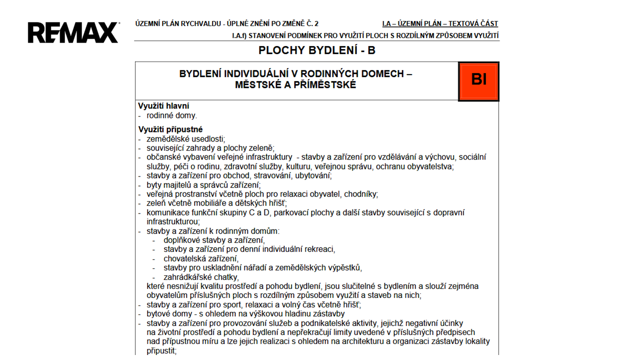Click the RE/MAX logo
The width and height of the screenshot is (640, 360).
tap(73, 32)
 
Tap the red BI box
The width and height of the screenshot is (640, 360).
tap(478, 80)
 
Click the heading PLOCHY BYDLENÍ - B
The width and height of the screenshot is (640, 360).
tap(316, 50)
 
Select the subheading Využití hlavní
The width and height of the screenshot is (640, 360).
tap(163, 106)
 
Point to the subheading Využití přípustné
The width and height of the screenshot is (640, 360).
tap(170, 129)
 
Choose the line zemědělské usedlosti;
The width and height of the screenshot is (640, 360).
tap(185, 139)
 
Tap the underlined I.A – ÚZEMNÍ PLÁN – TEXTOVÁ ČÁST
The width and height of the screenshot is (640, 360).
tap(440, 23)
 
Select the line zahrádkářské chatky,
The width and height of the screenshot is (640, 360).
tap(201, 277)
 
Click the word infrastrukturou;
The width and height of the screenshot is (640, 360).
tap(173, 221)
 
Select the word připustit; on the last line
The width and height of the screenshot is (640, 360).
tap(161, 351)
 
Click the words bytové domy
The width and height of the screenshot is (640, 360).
tap(167, 314)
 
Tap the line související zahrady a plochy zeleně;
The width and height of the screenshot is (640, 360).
tap(210, 148)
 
